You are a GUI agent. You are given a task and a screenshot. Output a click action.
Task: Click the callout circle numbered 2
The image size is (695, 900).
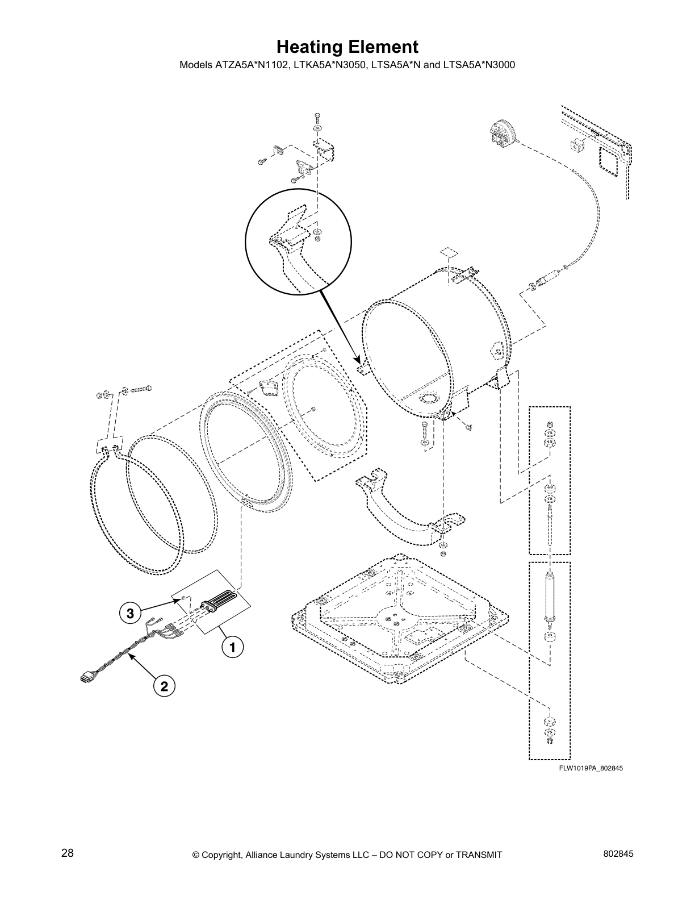pyautogui.click(x=164, y=686)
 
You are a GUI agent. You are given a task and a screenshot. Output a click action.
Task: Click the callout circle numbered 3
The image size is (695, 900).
pyautogui.click(x=130, y=614)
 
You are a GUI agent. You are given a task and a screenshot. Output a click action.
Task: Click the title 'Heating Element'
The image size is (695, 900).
pyautogui.click(x=347, y=47)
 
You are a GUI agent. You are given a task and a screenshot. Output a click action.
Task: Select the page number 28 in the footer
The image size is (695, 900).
pyautogui.click(x=67, y=853)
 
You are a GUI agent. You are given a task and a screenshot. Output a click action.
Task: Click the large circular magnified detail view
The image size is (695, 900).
pyautogui.click(x=299, y=241)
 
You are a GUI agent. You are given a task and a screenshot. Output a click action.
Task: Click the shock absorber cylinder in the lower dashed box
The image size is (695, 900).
pyautogui.click(x=549, y=596)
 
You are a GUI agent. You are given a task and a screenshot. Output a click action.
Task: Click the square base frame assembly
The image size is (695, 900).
pyautogui.click(x=400, y=616)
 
